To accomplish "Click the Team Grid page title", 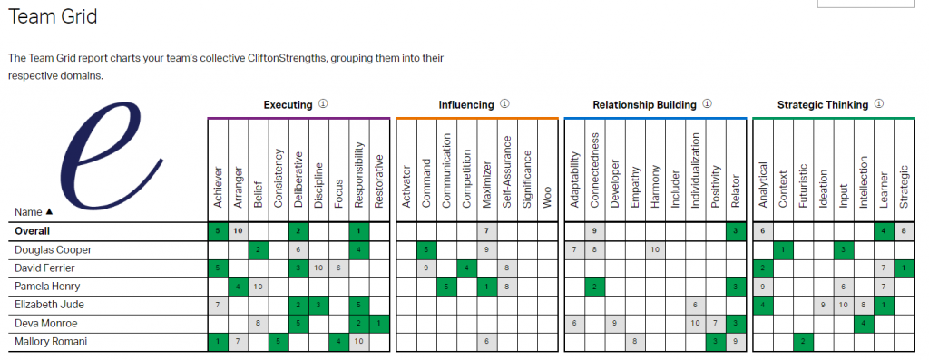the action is (53, 16).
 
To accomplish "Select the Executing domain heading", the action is (288, 105).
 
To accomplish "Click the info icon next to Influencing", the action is (504, 104).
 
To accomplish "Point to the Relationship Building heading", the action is (645, 105).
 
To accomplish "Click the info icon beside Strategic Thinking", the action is (878, 104).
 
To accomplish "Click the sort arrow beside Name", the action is (49, 211).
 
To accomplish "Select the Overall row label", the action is (32, 231).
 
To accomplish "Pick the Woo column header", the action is (547, 198).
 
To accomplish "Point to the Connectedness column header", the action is (595, 170).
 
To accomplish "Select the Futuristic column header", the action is (803, 184).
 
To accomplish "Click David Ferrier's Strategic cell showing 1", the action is (904, 268).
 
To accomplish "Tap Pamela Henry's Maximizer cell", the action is (487, 287).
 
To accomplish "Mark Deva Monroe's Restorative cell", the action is (379, 324).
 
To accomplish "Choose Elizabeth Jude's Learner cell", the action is (884, 305).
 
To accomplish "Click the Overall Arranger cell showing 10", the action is (239, 231).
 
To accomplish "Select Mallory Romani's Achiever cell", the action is (218, 342).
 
